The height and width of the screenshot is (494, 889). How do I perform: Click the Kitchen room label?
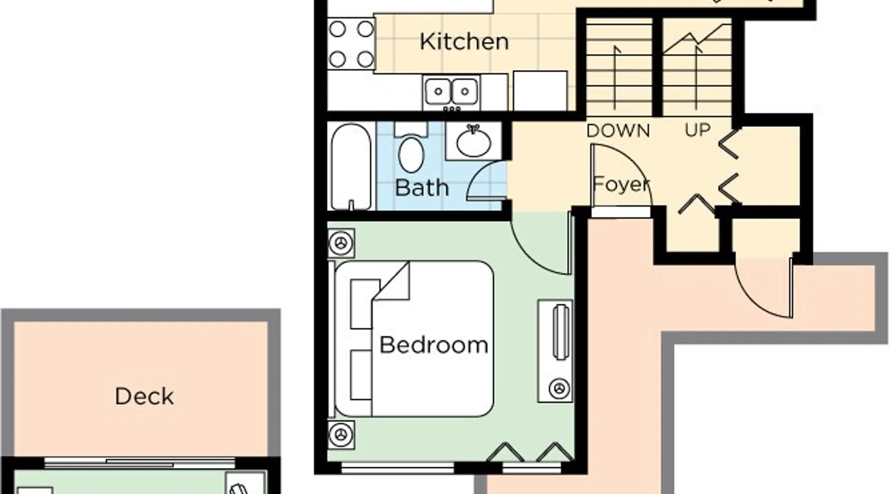(464, 41)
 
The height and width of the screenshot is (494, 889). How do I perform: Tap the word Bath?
(422, 188)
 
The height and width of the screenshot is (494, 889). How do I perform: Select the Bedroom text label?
(434, 345)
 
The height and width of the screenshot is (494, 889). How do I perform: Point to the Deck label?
(144, 396)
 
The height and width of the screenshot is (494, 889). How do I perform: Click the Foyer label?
(621, 184)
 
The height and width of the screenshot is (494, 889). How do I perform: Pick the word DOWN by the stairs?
(618, 131)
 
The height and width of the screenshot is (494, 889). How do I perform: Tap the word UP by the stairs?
(697, 130)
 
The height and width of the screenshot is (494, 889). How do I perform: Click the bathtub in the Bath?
(351, 167)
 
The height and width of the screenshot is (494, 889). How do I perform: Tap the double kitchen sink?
(451, 92)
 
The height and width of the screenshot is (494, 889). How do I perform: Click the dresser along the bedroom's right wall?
(555, 350)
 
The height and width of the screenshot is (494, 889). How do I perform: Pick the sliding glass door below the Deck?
(140, 463)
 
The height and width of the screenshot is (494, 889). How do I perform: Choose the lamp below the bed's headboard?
(341, 435)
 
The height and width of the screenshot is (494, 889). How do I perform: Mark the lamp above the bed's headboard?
(341, 243)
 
